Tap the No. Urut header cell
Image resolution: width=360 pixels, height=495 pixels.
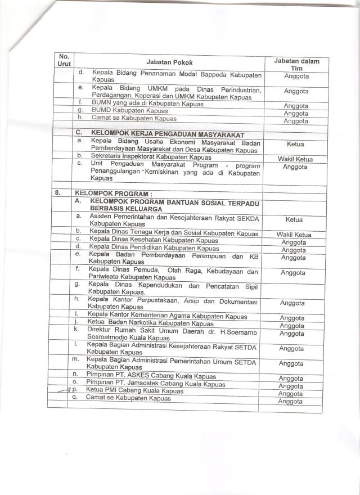tap(64, 61)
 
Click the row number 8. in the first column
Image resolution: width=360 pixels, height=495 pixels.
tap(58, 192)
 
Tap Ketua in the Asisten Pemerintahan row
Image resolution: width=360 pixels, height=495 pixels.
tap(294, 220)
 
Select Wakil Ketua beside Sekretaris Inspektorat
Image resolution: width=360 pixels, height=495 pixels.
tap(295, 159)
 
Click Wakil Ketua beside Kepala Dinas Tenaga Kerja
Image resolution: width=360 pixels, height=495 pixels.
tap(294, 235)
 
